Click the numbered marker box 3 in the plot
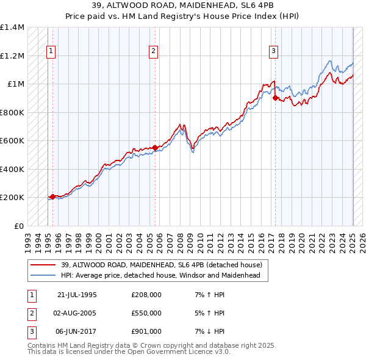[x=274, y=51]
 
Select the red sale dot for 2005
[x=155, y=147]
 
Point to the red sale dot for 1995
[x=52, y=196]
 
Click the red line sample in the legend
[x=43, y=265]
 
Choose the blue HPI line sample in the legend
[x=43, y=275]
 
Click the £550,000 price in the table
[x=146, y=313]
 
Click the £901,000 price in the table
[x=146, y=331]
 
